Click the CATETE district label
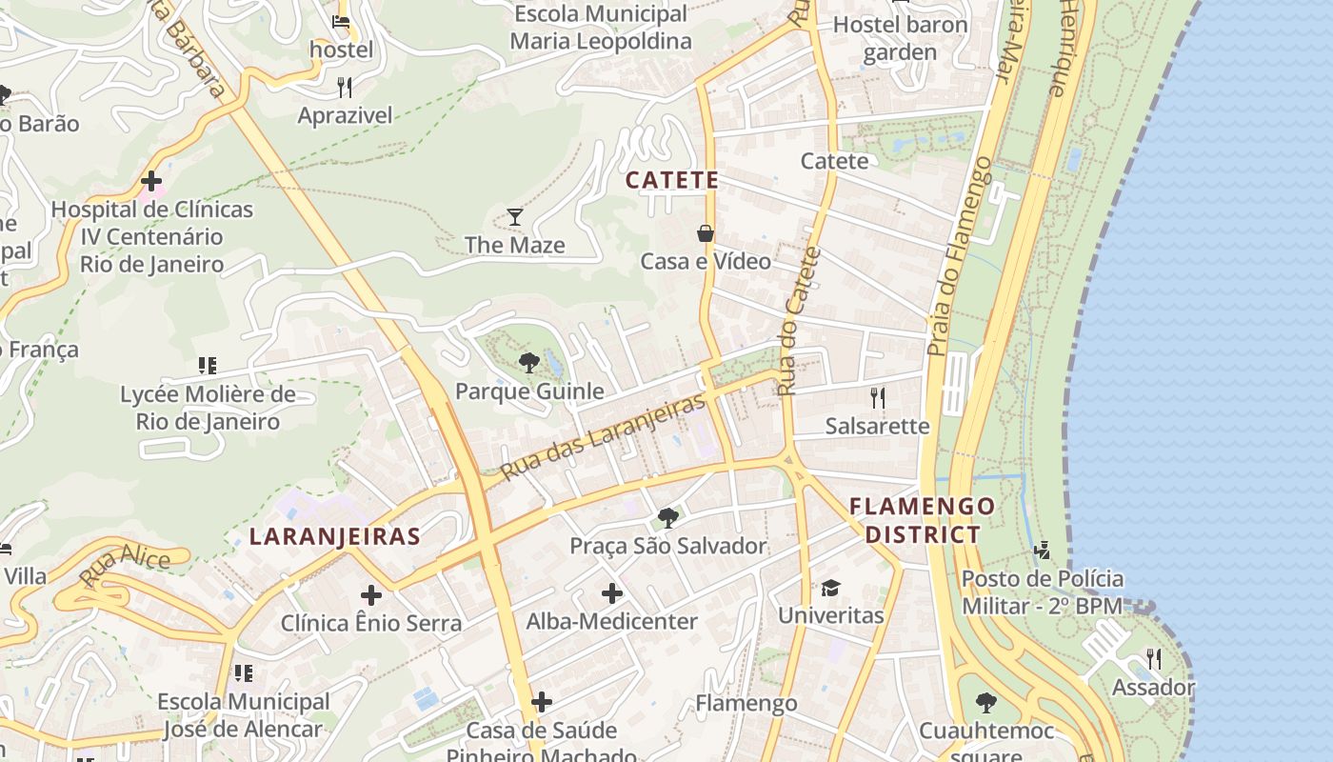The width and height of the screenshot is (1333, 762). click(x=672, y=180)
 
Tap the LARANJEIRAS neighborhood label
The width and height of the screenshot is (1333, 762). click(x=334, y=536)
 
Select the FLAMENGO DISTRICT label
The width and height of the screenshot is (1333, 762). click(x=922, y=520)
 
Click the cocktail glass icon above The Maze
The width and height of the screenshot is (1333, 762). click(x=515, y=217)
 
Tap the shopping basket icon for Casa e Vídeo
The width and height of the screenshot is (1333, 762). click(x=706, y=233)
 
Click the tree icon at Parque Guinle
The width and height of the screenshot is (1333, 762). click(x=529, y=363)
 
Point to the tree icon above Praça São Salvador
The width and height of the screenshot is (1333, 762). click(x=668, y=518)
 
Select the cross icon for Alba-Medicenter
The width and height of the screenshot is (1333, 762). click(x=612, y=594)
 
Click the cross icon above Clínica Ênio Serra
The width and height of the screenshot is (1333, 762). click(x=371, y=596)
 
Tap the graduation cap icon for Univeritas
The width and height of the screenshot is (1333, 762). click(x=831, y=588)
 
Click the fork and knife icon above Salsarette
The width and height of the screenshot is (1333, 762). click(x=878, y=397)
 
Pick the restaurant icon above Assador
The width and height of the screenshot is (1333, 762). click(x=1154, y=659)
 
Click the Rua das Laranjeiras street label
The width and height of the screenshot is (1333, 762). click(x=603, y=436)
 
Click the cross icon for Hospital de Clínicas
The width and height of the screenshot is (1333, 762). click(x=150, y=181)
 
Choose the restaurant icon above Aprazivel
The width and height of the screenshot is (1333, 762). click(x=345, y=89)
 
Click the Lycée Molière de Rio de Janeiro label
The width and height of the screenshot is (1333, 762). click(x=208, y=408)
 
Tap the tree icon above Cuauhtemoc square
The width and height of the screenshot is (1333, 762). click(x=986, y=704)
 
